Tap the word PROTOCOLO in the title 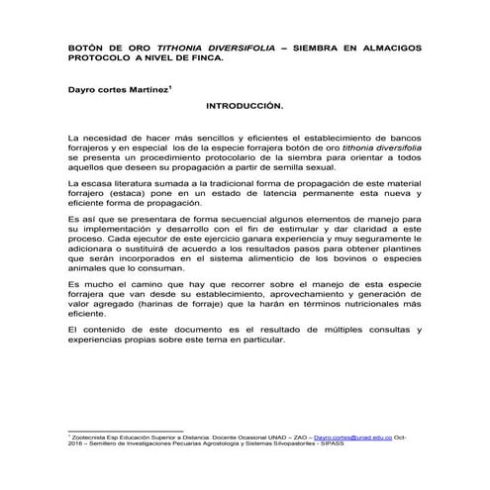tap(100, 58)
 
